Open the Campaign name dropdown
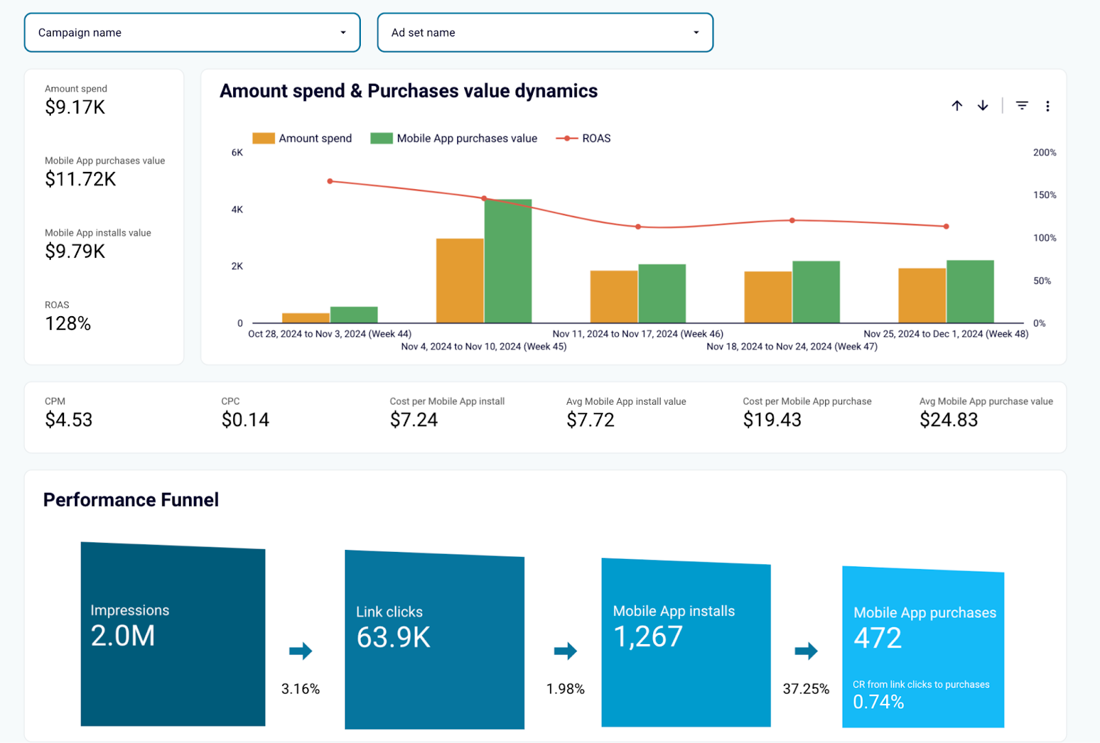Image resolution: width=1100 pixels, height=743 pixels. click(192, 32)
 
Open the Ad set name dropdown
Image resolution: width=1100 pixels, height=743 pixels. click(544, 32)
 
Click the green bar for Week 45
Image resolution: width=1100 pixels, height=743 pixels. click(508, 261)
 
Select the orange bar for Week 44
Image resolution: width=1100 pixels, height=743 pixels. click(306, 318)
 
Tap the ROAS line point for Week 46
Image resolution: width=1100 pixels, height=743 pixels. click(638, 227)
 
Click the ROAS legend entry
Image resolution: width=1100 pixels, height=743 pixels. click(584, 138)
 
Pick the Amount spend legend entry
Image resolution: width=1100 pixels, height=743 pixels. click(302, 138)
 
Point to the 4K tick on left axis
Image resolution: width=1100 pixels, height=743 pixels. click(237, 210)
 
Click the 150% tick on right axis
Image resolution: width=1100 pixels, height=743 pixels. click(1044, 195)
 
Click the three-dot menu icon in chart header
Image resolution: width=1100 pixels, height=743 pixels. click(1048, 106)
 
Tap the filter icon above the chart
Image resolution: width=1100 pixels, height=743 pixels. click(1022, 106)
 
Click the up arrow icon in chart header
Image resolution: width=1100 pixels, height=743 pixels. click(957, 106)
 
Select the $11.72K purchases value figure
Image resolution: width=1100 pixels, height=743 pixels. click(80, 179)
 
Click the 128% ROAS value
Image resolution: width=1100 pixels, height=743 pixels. click(68, 324)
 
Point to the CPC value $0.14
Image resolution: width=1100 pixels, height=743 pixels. click(245, 420)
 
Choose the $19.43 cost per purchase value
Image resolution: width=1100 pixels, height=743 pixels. click(772, 420)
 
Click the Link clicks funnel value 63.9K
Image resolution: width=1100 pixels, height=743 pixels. click(393, 637)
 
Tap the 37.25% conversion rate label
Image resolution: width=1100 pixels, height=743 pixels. click(806, 689)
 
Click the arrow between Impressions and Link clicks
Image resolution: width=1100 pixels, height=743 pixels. click(300, 651)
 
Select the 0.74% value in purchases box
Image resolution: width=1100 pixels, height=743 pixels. click(878, 702)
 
